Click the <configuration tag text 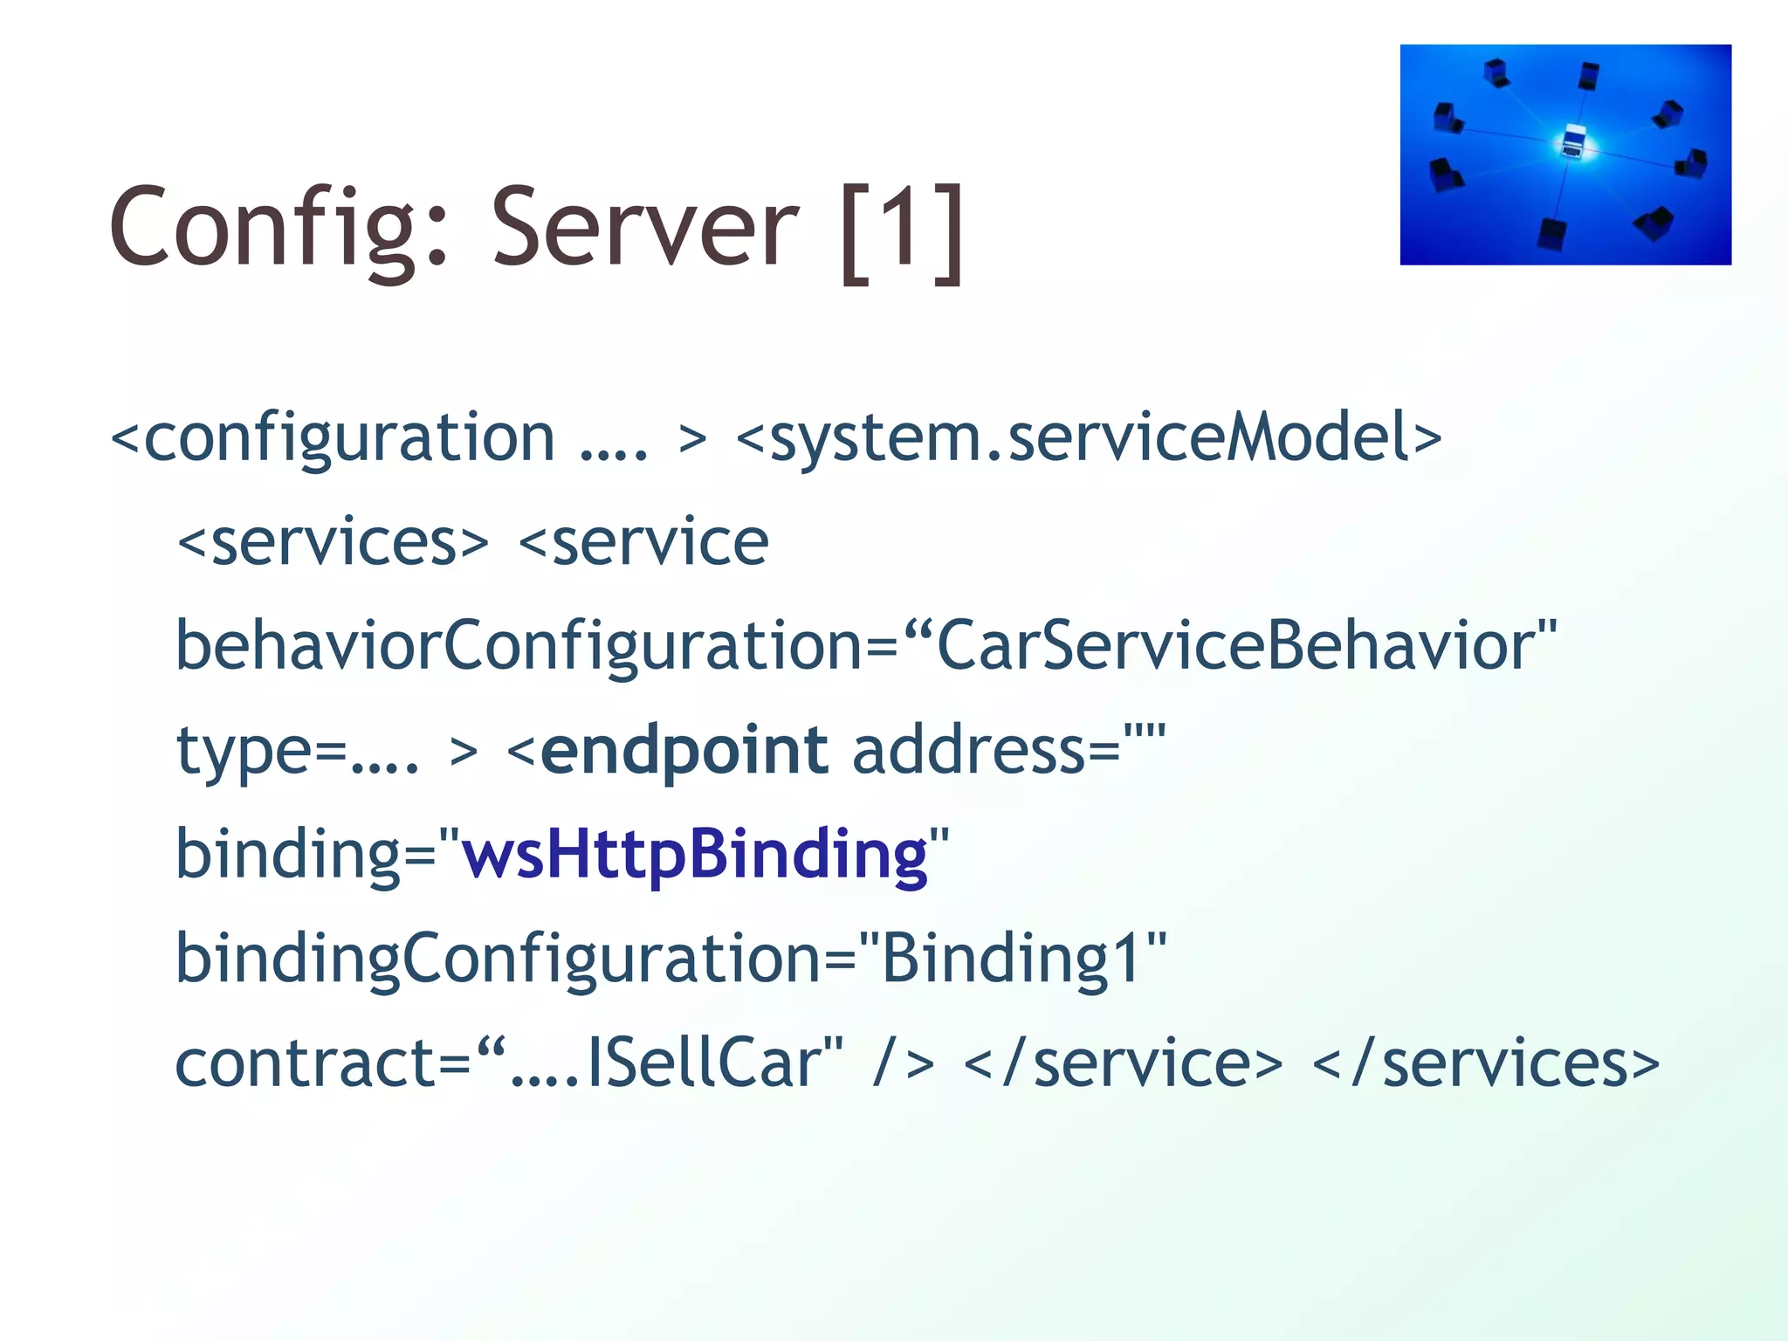(333, 437)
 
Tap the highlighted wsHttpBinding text (694, 854)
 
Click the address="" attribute (1008, 750)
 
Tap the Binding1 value (1012, 959)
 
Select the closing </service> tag (1123, 1062)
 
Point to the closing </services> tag (1485, 1062)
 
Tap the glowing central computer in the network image (1573, 141)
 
